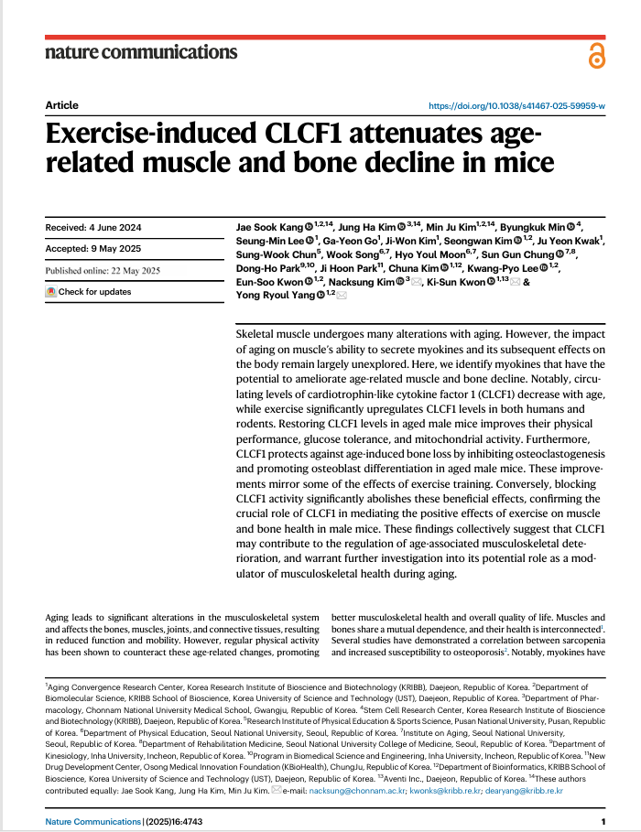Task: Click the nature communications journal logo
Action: (x=141, y=52)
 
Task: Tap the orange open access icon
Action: (x=596, y=56)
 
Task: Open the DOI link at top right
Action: (x=517, y=106)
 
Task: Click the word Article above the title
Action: (x=61, y=105)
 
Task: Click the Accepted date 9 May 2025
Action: (x=89, y=248)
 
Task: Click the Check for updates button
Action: (x=89, y=292)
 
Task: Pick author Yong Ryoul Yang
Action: (x=277, y=295)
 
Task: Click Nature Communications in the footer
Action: (x=92, y=822)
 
